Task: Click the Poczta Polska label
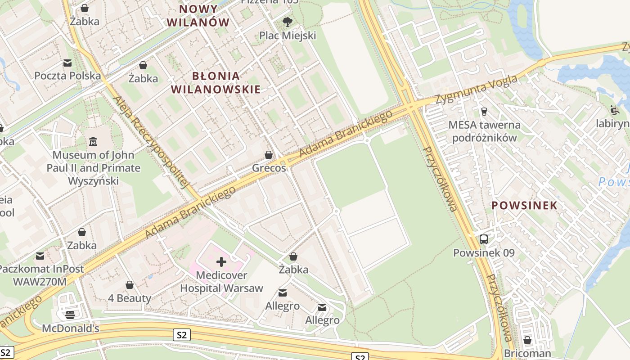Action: (x=67, y=76)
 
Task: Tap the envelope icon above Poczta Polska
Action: (x=67, y=63)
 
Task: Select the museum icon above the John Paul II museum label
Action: (x=93, y=142)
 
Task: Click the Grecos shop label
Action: (x=269, y=168)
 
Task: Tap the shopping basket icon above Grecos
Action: (x=269, y=155)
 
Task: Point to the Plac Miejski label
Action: (x=288, y=35)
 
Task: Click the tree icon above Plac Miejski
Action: (x=288, y=22)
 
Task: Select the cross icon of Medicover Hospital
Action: (x=221, y=261)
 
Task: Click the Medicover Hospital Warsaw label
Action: (x=221, y=282)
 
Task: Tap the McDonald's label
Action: (x=70, y=328)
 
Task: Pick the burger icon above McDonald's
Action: (x=70, y=315)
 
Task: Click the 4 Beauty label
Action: (x=130, y=298)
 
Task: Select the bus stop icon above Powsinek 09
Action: (x=484, y=239)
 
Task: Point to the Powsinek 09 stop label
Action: (x=484, y=253)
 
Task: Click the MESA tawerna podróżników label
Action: (x=484, y=131)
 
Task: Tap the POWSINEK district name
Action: (x=524, y=206)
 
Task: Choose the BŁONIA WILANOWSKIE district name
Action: (x=216, y=82)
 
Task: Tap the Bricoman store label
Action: (x=527, y=353)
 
